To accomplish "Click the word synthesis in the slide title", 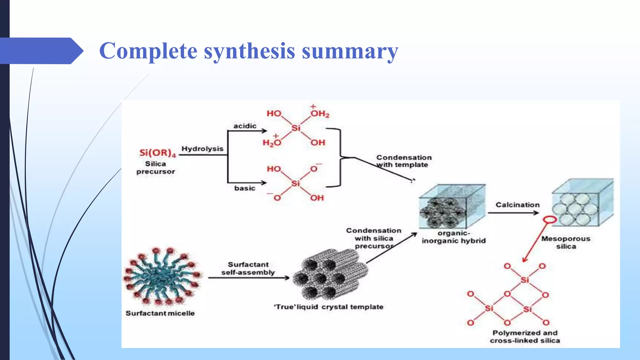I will coord(249,51).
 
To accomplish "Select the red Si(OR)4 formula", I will coord(157,153).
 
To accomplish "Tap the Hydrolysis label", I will coord(202,149).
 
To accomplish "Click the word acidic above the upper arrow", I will coord(245,126).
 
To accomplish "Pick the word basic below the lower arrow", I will coord(245,188).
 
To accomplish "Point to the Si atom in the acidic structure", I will coord(296,128).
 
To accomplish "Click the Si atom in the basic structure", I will coord(295,183).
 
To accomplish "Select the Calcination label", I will coord(517,205).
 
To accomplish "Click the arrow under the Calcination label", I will coord(513,213).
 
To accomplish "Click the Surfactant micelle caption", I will coord(160,313).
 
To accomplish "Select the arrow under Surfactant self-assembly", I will coord(249,277).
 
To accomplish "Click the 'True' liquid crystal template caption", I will coord(328,307).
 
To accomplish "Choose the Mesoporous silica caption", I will coord(566,242).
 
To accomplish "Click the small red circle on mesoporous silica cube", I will coord(550,220).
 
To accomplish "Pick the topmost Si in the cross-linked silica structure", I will coord(525,280).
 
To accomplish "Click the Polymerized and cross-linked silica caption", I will coord(525,337).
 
